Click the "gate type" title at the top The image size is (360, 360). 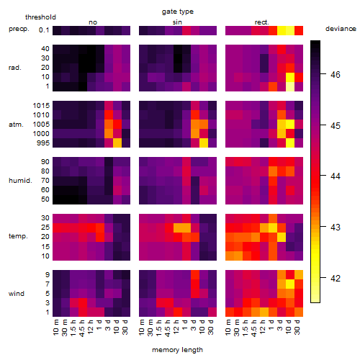pyautogui.click(x=178, y=12)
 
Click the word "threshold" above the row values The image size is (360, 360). pyautogui.click(x=40, y=17)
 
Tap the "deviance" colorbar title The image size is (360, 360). pyautogui.click(x=341, y=29)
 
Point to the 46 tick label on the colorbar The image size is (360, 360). pyautogui.click(x=336, y=75)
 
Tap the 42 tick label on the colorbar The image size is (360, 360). pyautogui.click(x=336, y=279)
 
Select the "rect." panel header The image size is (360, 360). pyautogui.click(x=262, y=22)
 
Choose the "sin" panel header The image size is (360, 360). pyautogui.click(x=177, y=22)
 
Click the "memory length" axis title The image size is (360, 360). pyautogui.click(x=177, y=350)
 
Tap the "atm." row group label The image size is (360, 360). pyautogui.click(x=16, y=125)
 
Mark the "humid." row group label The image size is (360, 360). pyautogui.click(x=20, y=181)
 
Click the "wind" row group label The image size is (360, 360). pyautogui.click(x=17, y=294)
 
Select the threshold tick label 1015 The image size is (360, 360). pyautogui.click(x=41, y=106)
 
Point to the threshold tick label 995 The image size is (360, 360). pyautogui.click(x=43, y=143)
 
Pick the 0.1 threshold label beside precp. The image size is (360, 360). pyautogui.click(x=44, y=30)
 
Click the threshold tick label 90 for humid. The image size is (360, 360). pyautogui.click(x=45, y=162)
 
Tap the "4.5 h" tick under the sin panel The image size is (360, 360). pyautogui.click(x=168, y=328)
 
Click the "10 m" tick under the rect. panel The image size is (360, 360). pyautogui.click(x=228, y=328)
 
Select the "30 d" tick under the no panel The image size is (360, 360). pyautogui.click(x=125, y=328)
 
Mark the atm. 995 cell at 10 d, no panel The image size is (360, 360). pyautogui.click(x=117, y=143)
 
